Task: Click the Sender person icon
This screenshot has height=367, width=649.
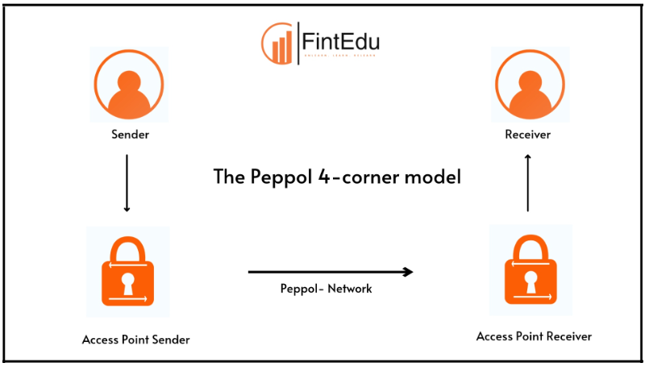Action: click(129, 85)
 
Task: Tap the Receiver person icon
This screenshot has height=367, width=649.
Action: click(527, 85)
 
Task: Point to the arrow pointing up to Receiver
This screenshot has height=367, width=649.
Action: click(528, 183)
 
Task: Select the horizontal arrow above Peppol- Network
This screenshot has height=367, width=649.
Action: click(330, 272)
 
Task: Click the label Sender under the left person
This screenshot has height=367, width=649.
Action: click(130, 134)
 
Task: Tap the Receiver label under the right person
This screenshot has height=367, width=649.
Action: click(527, 135)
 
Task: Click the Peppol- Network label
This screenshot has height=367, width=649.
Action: click(326, 289)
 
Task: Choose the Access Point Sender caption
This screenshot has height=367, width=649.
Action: click(136, 340)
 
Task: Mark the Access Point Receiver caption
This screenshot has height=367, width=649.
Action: click(534, 336)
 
